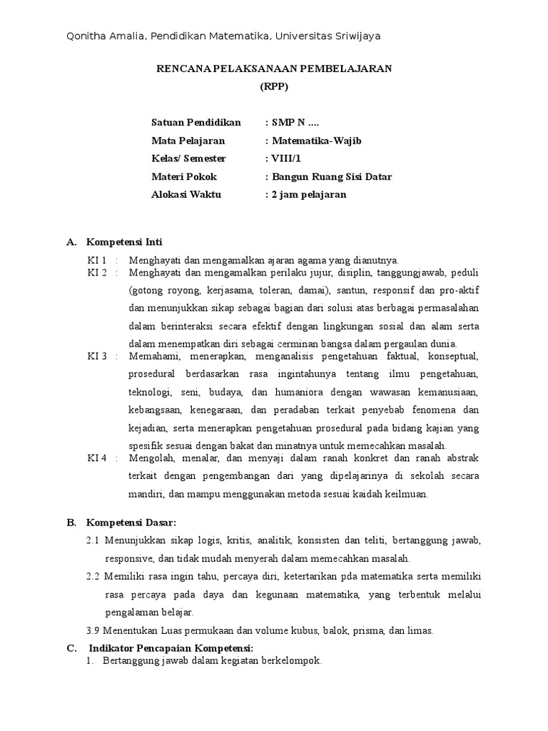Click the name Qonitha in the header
tap(86, 36)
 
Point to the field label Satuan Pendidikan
tap(196, 122)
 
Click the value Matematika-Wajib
tap(316, 141)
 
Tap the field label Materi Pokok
tap(183, 176)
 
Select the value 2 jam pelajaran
tap(308, 194)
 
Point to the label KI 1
tap(97, 260)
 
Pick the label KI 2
tap(97, 273)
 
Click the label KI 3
tap(97, 356)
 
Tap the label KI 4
tap(97, 458)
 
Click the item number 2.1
tap(93, 540)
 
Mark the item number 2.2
tap(93, 576)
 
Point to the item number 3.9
tap(93, 630)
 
